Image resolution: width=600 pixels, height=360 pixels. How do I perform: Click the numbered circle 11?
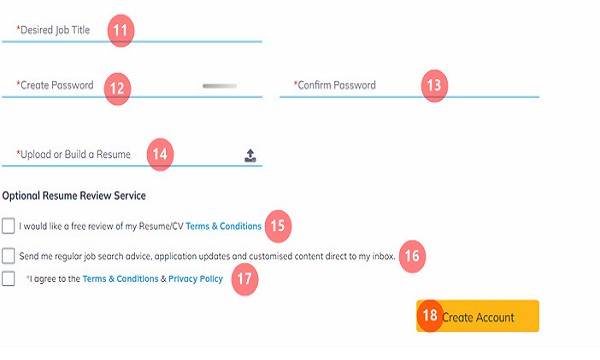121,30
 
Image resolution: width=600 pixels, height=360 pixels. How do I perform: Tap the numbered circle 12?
117,89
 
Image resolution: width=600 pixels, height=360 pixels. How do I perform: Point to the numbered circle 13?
434,85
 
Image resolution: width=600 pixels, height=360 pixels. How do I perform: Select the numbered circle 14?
160,154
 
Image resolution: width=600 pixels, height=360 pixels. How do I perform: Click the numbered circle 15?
278,226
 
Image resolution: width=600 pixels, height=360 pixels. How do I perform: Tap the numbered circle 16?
412,256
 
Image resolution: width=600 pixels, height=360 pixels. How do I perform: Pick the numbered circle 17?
245,279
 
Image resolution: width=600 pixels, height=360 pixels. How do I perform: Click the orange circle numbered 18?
430,316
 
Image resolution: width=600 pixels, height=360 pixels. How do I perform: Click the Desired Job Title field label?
53,30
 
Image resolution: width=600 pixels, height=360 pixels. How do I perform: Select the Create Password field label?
55,85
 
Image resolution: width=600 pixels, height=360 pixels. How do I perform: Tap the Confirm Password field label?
334,85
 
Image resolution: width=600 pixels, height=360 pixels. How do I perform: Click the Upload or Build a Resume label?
73,154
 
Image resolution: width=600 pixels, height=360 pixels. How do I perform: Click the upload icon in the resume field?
250,156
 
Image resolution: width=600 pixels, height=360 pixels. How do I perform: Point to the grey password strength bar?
220,86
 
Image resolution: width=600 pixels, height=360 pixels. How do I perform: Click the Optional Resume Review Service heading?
74,195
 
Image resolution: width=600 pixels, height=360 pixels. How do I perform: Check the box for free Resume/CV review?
8,226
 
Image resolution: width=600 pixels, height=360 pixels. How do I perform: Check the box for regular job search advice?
8,256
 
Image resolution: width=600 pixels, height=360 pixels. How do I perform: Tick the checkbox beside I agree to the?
8,279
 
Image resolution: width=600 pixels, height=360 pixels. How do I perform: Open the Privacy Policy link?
196,279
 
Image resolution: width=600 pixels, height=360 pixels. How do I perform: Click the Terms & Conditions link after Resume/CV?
223,226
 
